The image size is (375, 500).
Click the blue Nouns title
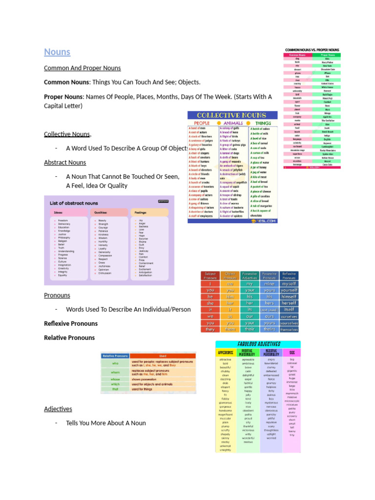(x=57, y=52)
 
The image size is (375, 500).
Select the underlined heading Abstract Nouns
(x=65, y=162)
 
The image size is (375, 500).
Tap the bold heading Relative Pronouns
(x=69, y=337)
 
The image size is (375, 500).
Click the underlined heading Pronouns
(x=57, y=295)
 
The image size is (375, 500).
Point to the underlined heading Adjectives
(x=58, y=409)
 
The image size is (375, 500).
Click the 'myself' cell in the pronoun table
(x=289, y=283)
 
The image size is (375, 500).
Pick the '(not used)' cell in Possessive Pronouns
(x=269, y=310)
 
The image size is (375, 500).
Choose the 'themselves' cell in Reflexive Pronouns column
(x=289, y=330)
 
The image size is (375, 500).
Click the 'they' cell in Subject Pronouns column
(x=210, y=330)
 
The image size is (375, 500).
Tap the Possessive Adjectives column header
(x=250, y=276)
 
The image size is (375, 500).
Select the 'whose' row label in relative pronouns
(x=115, y=379)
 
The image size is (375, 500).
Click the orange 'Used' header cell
(x=163, y=356)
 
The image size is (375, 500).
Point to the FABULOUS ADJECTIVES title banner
(x=251, y=344)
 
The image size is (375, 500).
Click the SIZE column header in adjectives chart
(x=292, y=352)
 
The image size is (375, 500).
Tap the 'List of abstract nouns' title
(x=74, y=203)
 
